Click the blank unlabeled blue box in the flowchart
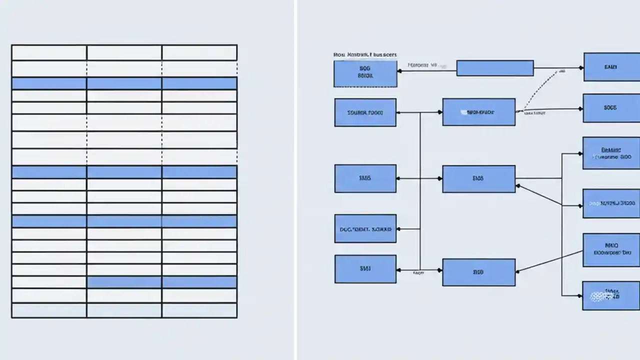click(494, 68)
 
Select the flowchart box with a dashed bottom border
click(365, 73)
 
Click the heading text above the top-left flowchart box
click(365, 54)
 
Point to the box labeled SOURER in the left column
click(365, 112)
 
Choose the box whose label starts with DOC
click(365, 228)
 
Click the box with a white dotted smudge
click(610, 295)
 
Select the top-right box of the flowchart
click(611, 66)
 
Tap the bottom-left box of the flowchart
click(365, 268)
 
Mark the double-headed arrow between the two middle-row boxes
click(419, 178)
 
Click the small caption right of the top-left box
click(422, 65)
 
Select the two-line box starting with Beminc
click(611, 153)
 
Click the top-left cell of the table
click(49, 52)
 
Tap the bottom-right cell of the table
click(199, 310)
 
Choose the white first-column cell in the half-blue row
click(49, 282)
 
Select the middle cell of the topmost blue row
click(124, 83)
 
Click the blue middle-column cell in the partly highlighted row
click(124, 282)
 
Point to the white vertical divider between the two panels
click(295, 180)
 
